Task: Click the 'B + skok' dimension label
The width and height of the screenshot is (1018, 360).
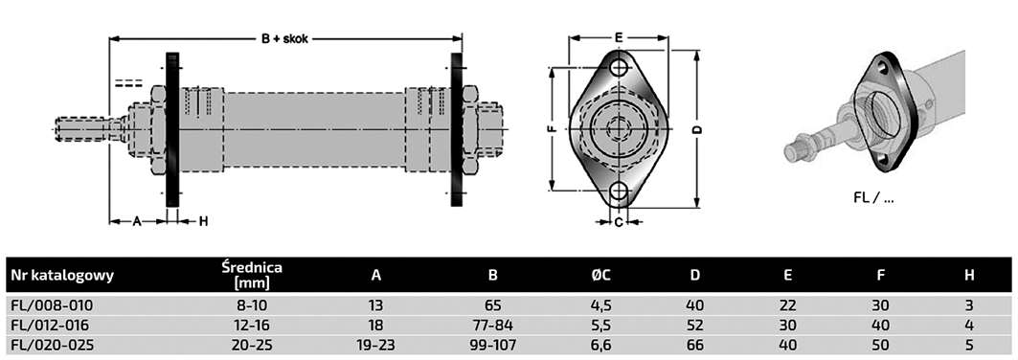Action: (x=285, y=38)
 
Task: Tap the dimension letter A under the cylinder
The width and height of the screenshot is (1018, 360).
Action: (x=137, y=222)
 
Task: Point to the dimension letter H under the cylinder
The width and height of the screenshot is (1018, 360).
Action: (x=203, y=222)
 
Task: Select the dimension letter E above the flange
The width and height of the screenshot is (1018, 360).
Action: (x=619, y=37)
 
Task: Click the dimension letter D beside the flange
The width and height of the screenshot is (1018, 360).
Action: (x=697, y=129)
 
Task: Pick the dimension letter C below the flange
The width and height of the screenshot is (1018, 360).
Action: (x=619, y=222)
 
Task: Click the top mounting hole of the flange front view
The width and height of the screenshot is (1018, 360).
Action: (x=620, y=67)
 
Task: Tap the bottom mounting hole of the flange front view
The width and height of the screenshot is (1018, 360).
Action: (x=620, y=191)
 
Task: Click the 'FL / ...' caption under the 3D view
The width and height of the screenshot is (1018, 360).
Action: (x=873, y=198)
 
